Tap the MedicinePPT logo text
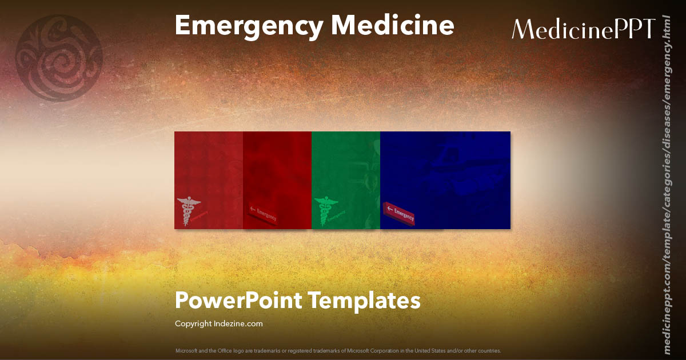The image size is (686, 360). pos(583,29)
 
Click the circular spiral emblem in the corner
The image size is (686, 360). pos(59,58)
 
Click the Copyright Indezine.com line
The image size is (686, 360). pos(219,324)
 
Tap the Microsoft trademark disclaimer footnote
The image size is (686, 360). pos(338,350)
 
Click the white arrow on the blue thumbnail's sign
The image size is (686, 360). pos(390,209)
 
